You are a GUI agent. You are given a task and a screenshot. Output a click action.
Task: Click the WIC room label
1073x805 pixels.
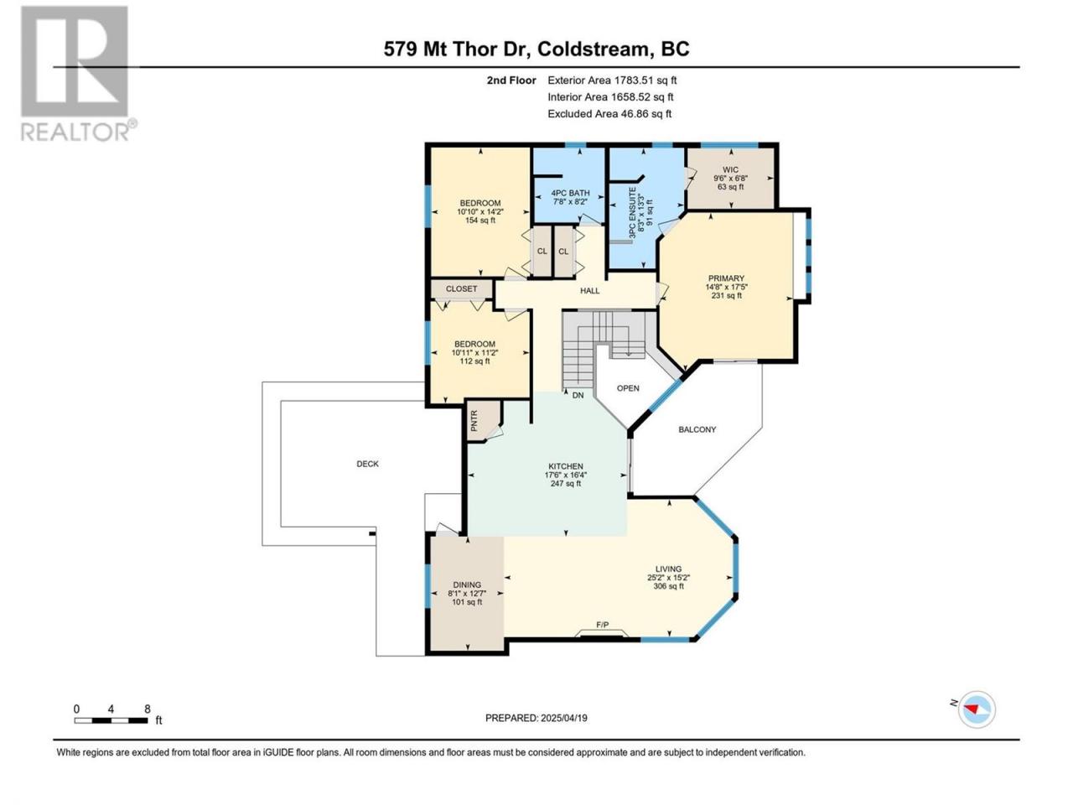(730, 170)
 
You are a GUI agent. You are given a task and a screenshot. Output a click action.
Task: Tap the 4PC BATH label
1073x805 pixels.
(571, 193)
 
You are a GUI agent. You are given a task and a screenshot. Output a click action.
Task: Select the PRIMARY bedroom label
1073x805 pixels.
(727, 278)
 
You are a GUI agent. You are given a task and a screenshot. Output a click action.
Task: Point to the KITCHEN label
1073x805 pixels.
(566, 466)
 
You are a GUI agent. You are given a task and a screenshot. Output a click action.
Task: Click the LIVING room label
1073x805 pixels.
(668, 569)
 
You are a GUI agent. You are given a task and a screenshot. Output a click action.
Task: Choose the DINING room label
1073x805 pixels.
(467, 584)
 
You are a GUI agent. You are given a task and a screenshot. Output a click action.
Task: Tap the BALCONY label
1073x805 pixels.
(697, 429)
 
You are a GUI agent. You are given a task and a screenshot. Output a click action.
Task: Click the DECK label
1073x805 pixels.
(368, 464)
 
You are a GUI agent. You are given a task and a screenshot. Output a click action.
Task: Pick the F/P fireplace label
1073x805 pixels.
(602, 625)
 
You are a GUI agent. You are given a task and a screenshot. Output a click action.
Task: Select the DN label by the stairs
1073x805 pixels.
(578, 395)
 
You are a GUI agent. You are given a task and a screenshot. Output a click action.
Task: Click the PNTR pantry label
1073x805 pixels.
(474, 420)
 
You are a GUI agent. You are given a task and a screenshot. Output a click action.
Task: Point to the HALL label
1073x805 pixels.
(589, 291)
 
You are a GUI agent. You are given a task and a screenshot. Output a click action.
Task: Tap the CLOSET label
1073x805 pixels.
(461, 288)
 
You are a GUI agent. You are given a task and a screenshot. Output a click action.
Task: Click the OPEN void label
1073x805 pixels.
(628, 388)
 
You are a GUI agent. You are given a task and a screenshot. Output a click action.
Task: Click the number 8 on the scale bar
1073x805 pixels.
(148, 709)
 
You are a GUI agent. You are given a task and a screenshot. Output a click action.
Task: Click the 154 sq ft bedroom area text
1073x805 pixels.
(480, 221)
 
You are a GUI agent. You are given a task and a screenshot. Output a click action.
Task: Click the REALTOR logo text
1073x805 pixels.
(75, 132)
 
